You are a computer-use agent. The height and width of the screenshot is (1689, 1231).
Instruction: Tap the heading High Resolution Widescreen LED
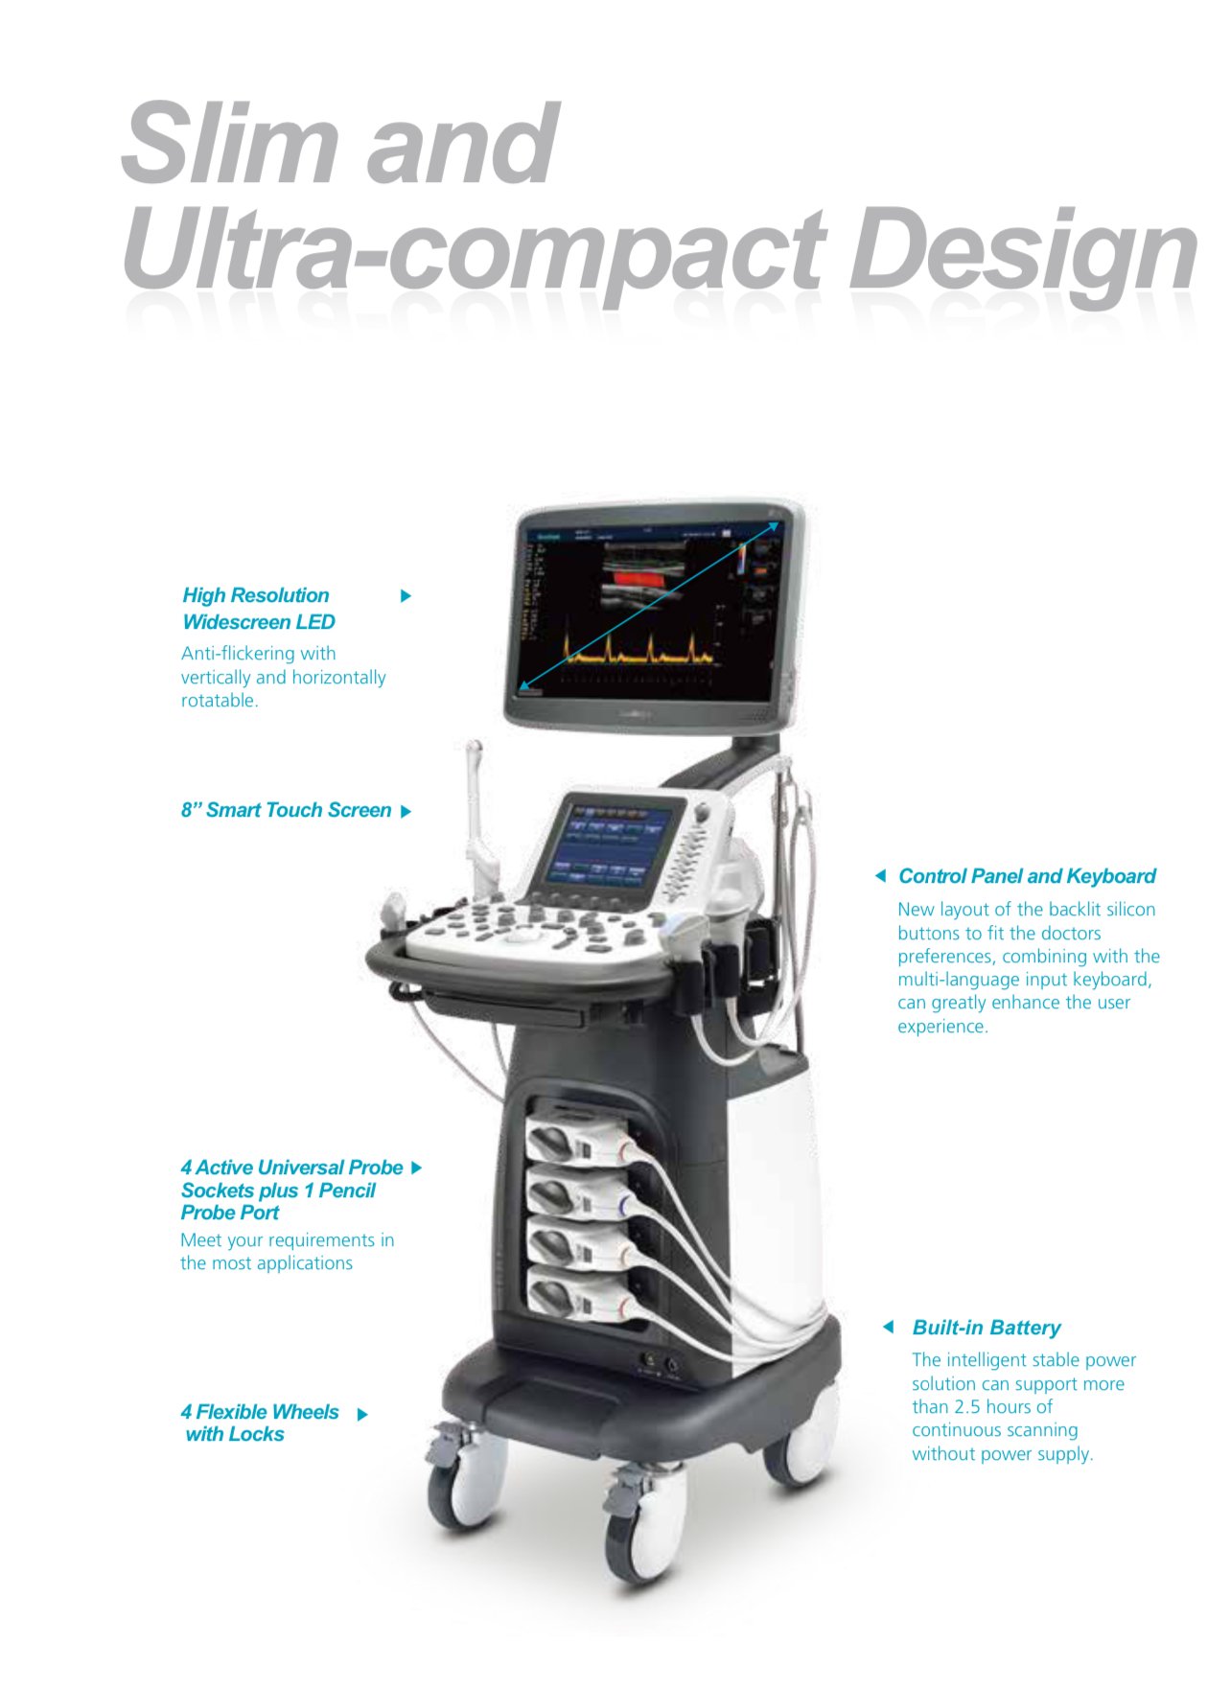coord(259,609)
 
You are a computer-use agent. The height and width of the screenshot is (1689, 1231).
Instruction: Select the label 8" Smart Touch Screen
coord(286,810)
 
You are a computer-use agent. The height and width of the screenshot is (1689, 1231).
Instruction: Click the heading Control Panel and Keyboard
coord(1027,876)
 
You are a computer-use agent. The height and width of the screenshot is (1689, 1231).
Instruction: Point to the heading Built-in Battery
coord(987,1328)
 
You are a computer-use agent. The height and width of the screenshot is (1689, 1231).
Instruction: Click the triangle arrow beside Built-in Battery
coord(889,1327)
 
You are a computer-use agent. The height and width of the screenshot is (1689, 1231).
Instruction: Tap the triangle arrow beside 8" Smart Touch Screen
coord(406,811)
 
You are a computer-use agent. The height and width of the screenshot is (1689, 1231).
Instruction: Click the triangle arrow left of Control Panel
coord(880,876)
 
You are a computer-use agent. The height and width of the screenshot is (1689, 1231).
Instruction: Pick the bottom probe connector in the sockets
coord(581,1295)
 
